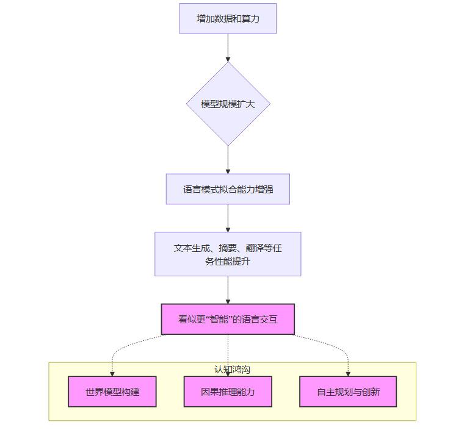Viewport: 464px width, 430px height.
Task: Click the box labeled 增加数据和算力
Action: point(228,18)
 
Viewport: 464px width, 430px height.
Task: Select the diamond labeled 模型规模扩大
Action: point(228,104)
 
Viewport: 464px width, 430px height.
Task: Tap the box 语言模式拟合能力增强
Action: point(228,189)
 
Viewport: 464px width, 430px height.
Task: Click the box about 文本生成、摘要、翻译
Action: point(228,254)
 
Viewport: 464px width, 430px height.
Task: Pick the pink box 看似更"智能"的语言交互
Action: point(228,319)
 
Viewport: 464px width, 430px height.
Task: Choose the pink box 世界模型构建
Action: point(112,392)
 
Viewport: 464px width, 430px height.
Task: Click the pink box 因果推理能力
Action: point(228,392)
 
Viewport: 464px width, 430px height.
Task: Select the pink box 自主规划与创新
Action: point(348,392)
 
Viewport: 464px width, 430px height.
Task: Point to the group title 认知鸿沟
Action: point(232,370)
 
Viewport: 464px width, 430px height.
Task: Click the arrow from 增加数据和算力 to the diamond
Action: point(228,48)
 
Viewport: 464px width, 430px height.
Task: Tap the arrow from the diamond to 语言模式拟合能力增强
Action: point(228,160)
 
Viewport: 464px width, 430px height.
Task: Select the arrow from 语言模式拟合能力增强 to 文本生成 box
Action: point(228,218)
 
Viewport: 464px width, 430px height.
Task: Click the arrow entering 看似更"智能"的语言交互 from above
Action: point(228,290)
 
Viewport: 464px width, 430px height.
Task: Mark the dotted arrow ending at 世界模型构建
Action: point(120,348)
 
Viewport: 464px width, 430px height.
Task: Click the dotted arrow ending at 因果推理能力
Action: point(228,354)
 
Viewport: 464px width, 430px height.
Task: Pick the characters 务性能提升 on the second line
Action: point(228,262)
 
